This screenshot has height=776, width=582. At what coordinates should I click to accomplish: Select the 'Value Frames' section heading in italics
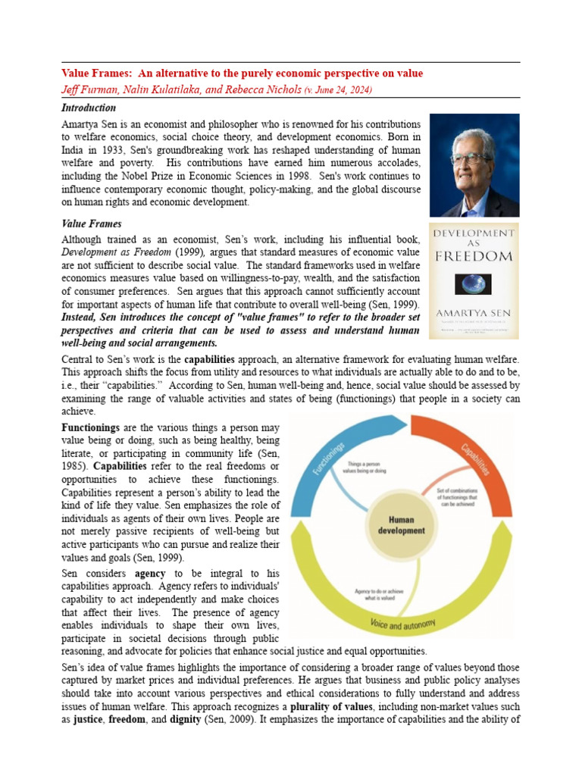(x=91, y=224)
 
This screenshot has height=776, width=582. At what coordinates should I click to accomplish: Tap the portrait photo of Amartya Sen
(x=474, y=165)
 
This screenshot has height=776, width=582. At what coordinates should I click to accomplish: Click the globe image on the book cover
(x=474, y=284)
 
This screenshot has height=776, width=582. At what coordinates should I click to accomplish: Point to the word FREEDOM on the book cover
(x=474, y=256)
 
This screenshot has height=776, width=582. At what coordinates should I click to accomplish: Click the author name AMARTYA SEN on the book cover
(x=474, y=313)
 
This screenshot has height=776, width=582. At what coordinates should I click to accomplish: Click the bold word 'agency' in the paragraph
(x=150, y=574)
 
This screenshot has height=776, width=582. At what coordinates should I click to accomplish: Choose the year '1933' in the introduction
(x=107, y=149)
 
